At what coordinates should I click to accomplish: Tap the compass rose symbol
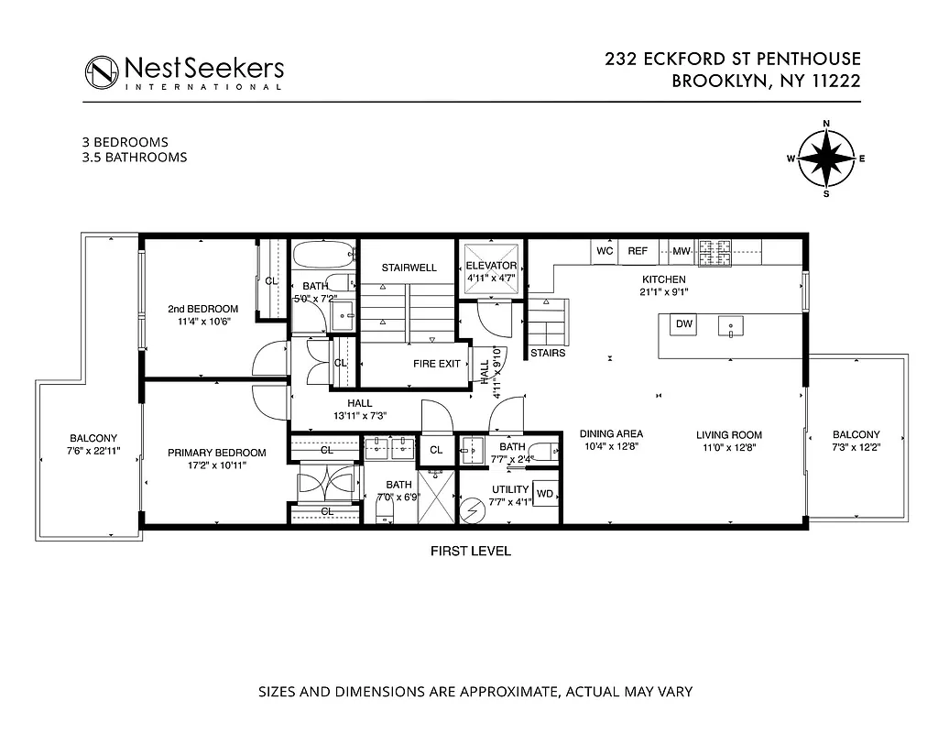(826, 159)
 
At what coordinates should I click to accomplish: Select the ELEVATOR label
(492, 266)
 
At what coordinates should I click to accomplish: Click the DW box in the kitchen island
(683, 323)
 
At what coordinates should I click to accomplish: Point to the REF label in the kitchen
(638, 250)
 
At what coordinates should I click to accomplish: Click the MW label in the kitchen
(681, 250)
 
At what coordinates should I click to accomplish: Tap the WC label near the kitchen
(604, 250)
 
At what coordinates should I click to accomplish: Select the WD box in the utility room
(545, 494)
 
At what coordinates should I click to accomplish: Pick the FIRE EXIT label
(437, 364)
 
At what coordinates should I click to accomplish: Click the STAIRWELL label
(409, 268)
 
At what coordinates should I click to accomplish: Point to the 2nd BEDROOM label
(202, 309)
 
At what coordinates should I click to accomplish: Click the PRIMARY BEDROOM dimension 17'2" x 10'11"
(216, 465)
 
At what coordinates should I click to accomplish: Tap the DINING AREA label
(611, 434)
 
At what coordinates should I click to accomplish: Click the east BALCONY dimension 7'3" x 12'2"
(856, 448)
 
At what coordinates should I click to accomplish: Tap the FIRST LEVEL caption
(471, 552)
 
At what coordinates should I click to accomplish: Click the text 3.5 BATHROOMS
(135, 157)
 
